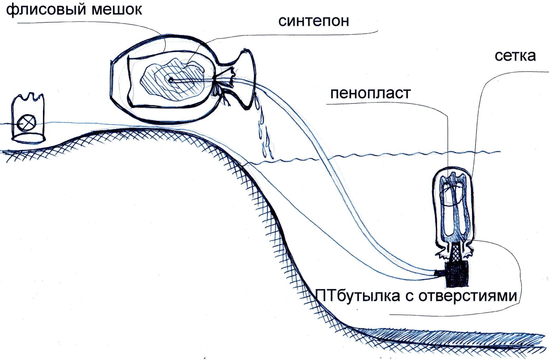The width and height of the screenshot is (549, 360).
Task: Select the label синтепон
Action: tap(314, 21)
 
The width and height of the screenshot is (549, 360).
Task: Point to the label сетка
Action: tap(515, 56)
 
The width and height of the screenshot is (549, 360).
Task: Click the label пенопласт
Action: tap(370, 93)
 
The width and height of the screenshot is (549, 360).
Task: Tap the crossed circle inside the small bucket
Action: tap(27, 122)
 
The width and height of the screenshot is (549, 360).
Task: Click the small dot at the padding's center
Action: tap(171, 81)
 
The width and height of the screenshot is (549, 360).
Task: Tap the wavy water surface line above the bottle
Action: tap(377, 156)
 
